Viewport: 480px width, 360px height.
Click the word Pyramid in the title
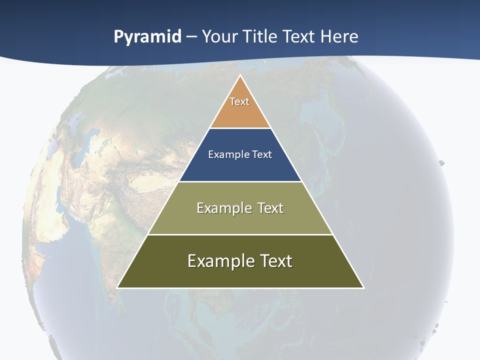(x=147, y=37)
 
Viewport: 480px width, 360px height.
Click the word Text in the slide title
(x=299, y=37)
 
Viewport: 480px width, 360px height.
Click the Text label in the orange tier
(x=239, y=101)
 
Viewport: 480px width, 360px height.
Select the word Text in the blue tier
(x=262, y=154)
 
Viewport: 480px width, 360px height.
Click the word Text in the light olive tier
(x=270, y=208)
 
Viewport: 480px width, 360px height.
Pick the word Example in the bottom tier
(x=219, y=261)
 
